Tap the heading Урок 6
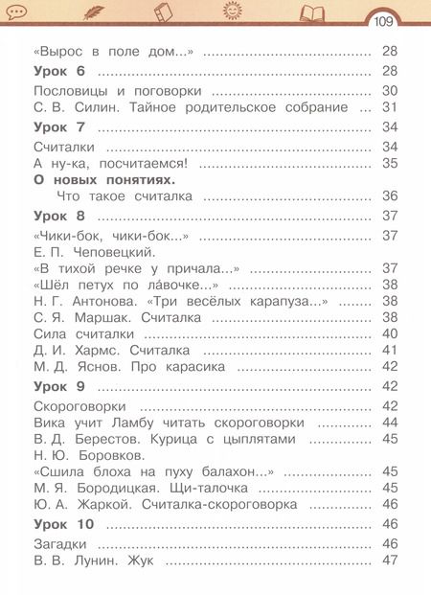click(59, 71)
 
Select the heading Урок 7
click(59, 126)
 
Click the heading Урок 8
click(59, 217)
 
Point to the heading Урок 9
click(59, 386)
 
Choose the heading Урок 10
click(63, 523)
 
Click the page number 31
click(390, 107)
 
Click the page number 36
click(390, 196)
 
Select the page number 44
click(390, 422)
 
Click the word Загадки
click(60, 543)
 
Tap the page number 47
click(390, 561)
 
